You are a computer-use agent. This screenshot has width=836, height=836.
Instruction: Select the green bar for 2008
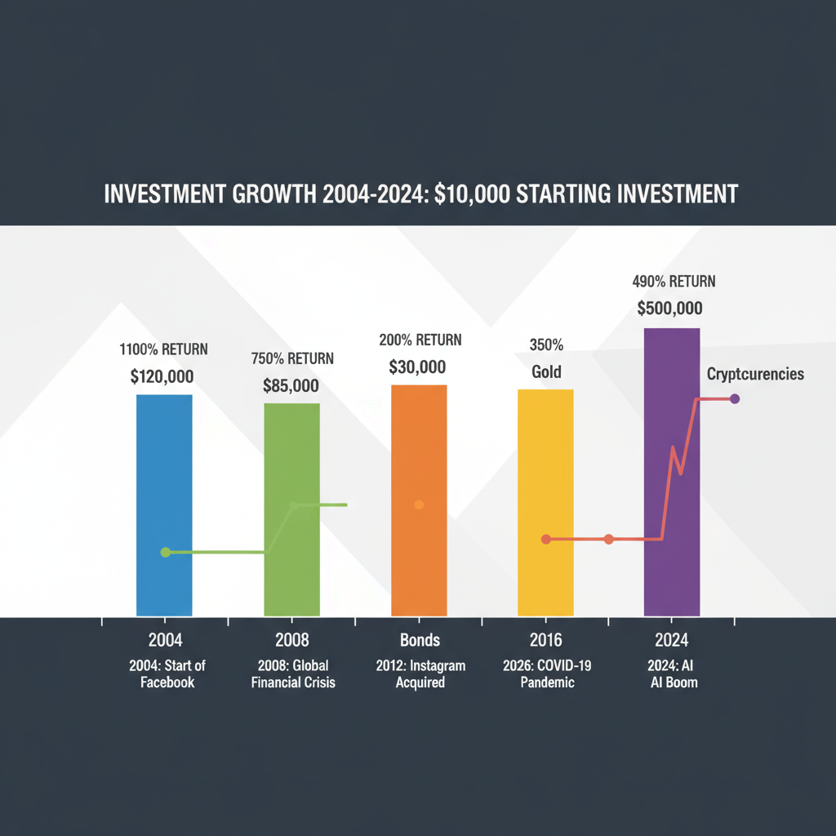point(291,457)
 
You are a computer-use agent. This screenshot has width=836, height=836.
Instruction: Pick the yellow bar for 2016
point(545,457)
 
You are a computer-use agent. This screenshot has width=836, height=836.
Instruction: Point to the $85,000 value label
point(291,385)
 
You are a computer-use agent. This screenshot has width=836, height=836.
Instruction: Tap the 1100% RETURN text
point(164,349)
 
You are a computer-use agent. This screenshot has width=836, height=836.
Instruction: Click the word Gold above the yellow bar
point(546,372)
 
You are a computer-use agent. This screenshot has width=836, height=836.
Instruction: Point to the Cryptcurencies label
point(755,374)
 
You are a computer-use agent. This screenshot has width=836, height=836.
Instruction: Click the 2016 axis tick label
point(545,640)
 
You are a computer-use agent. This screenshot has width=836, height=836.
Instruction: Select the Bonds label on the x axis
point(420,640)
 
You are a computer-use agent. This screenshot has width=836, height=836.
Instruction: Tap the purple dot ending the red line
point(735,398)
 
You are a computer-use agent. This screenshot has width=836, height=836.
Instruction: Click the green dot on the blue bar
point(166,553)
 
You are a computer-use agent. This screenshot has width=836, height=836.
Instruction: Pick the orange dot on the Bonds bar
point(419,505)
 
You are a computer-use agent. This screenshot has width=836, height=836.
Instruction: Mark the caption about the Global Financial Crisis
point(291,674)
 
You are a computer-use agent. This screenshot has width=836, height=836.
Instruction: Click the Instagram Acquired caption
point(420,674)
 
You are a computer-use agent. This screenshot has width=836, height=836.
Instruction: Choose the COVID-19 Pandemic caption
point(546,674)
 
